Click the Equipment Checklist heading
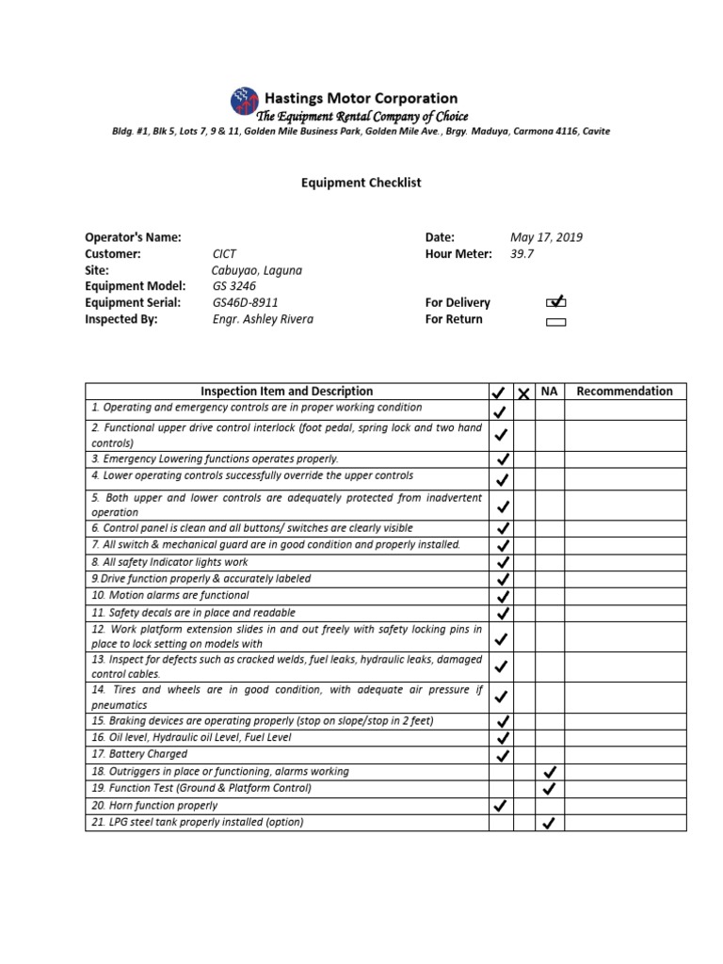[x=361, y=183]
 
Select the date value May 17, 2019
[x=546, y=237]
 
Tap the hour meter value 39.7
[x=522, y=254]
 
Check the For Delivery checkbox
[x=556, y=303]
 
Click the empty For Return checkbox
[x=556, y=321]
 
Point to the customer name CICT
[x=225, y=254]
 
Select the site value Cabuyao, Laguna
[x=257, y=270]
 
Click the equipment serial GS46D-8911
[x=246, y=303]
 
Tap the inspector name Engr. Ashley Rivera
[x=263, y=319]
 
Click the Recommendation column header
[x=624, y=392]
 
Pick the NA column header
[x=550, y=392]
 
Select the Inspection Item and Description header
[x=286, y=392]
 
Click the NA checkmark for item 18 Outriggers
[x=550, y=772]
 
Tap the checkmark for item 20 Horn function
[x=501, y=806]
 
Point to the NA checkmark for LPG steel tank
[x=550, y=823]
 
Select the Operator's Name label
[x=133, y=237]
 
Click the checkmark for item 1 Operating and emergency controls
[x=501, y=411]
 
